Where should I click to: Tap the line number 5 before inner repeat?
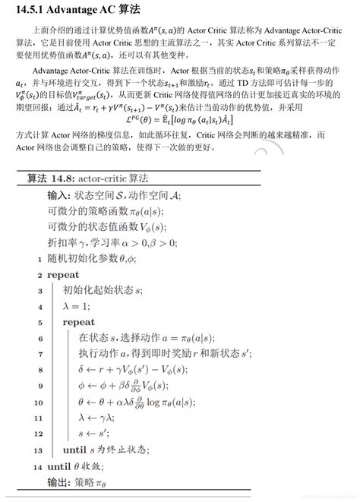(39, 322)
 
